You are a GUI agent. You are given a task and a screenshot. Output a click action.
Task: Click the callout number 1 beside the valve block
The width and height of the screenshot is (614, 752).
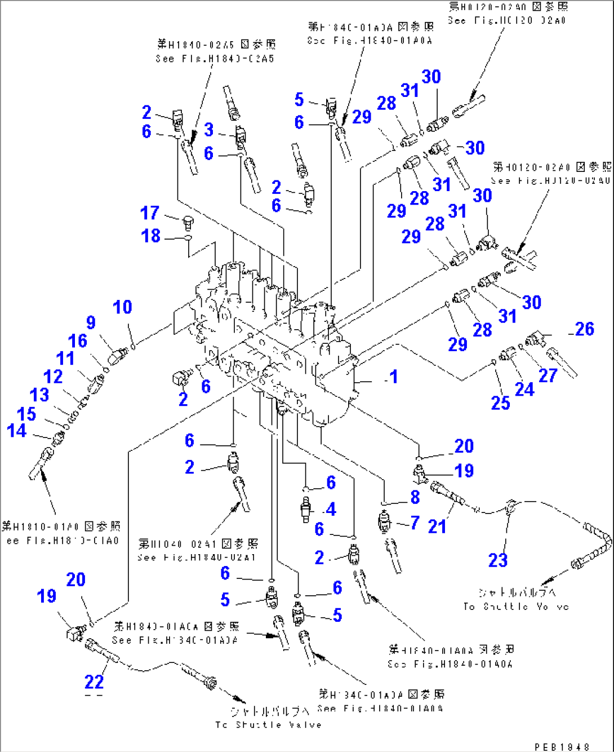[393, 377]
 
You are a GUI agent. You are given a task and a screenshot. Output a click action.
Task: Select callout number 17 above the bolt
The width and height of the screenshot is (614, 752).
[150, 213]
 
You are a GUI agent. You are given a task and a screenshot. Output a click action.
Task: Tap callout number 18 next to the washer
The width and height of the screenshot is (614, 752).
[150, 236]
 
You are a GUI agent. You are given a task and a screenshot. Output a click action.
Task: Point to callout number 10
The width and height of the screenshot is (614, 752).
[122, 307]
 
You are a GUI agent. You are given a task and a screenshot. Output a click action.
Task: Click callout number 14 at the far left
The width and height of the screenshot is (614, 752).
[16, 431]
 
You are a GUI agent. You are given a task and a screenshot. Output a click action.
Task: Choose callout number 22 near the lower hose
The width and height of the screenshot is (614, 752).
[94, 682]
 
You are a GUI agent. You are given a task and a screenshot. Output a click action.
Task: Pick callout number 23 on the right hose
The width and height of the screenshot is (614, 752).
[498, 560]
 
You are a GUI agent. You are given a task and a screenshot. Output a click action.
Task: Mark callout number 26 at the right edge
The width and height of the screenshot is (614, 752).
[585, 329]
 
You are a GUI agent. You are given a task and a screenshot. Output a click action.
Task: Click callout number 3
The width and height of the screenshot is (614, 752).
[209, 130]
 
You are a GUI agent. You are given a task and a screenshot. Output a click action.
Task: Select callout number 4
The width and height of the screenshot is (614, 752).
[331, 510]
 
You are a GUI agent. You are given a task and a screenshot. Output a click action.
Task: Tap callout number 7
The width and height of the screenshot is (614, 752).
[415, 523]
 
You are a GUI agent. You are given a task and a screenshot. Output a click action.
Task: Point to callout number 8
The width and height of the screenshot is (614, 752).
[415, 497]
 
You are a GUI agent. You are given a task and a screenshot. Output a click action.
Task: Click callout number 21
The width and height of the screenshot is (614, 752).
[437, 527]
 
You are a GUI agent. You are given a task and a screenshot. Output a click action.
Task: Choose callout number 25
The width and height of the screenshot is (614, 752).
[500, 403]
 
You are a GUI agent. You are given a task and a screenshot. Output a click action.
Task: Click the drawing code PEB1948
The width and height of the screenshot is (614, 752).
[562, 746]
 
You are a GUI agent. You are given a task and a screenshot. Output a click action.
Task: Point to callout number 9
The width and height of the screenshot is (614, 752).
[91, 322]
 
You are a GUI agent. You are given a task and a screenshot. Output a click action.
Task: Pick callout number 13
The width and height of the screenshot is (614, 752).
[39, 395]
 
